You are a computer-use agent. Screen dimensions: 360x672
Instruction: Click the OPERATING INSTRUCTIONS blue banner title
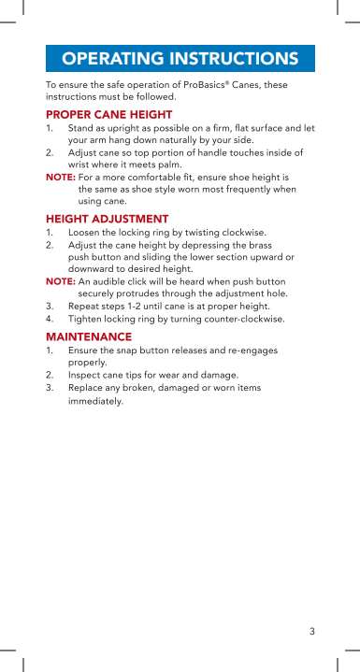click(180, 59)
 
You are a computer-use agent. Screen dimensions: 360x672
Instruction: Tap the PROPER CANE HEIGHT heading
click(108, 114)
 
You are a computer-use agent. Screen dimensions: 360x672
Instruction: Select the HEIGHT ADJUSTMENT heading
click(107, 219)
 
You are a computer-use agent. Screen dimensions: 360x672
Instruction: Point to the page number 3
click(312, 631)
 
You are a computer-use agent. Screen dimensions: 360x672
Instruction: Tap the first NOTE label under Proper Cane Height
click(60, 177)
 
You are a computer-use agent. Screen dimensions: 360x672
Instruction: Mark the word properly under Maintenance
click(87, 363)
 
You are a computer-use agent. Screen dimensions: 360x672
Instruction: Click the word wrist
click(80, 163)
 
